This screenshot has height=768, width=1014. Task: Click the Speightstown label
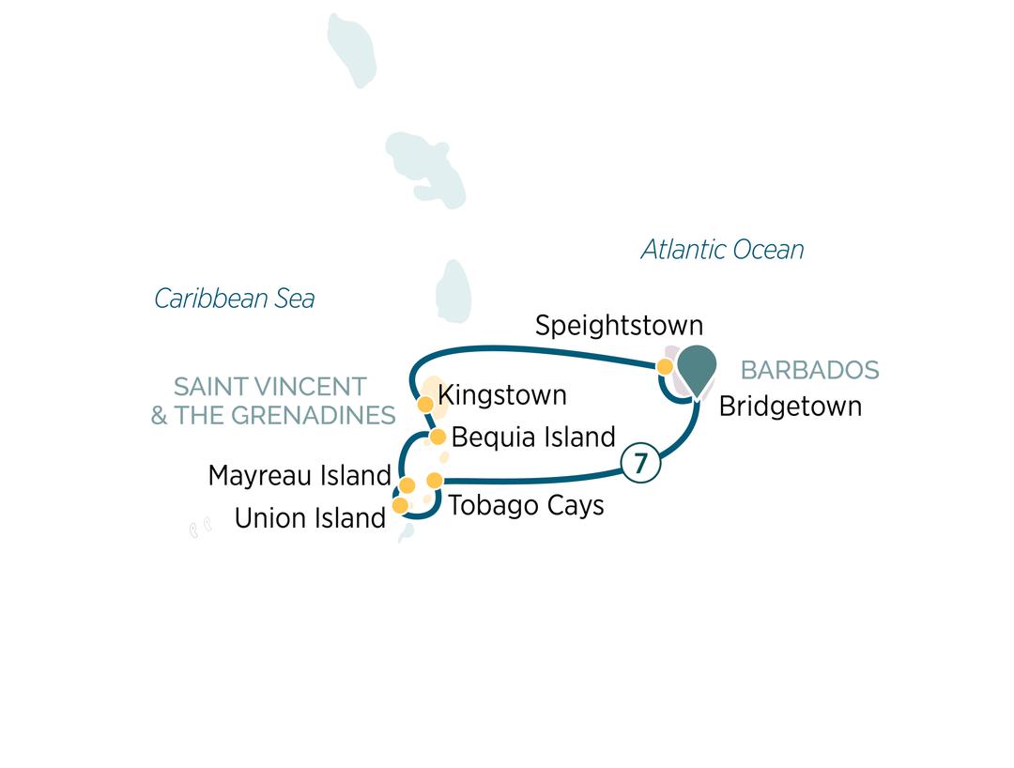click(x=619, y=326)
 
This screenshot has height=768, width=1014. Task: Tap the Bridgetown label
click(x=790, y=407)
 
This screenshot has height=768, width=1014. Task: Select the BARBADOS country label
click(x=809, y=370)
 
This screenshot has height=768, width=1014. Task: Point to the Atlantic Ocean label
click(x=722, y=250)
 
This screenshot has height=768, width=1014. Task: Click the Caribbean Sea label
click(x=234, y=299)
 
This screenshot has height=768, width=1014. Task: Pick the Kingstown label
click(x=502, y=395)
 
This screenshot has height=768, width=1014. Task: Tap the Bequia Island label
click(x=533, y=438)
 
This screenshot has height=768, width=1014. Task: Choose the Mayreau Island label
click(x=299, y=476)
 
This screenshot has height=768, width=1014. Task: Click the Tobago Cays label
click(x=526, y=505)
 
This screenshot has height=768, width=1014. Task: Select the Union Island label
click(x=310, y=518)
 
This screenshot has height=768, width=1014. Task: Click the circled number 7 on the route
click(x=640, y=463)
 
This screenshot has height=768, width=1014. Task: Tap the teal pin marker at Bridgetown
click(x=697, y=367)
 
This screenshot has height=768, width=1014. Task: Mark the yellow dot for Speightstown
click(x=665, y=366)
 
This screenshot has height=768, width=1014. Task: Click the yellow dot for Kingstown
click(x=424, y=405)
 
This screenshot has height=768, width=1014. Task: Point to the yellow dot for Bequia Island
click(x=438, y=437)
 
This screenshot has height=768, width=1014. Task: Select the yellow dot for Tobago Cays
click(x=434, y=481)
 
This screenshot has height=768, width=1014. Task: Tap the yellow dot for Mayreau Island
click(x=407, y=485)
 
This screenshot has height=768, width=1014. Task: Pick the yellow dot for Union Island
click(x=400, y=506)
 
